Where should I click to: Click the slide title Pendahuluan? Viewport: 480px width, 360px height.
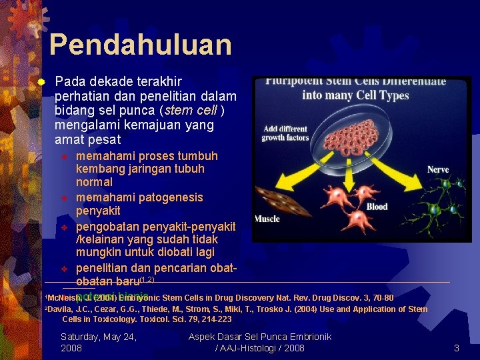[x=140, y=45]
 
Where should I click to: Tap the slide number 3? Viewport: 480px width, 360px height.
[x=457, y=348]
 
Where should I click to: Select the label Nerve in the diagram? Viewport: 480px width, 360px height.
[x=438, y=170]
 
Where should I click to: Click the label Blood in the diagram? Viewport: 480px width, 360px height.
[x=377, y=207]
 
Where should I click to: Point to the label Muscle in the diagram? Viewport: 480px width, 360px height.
[x=267, y=219]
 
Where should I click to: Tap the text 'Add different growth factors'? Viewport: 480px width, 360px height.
[x=285, y=133]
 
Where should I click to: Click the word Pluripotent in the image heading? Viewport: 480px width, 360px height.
[x=293, y=81]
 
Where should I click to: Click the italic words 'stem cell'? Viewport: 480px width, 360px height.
[x=191, y=111]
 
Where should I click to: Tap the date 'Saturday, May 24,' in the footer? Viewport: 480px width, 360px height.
[x=99, y=337]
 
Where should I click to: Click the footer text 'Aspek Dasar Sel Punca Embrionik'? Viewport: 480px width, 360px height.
[x=260, y=337]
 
